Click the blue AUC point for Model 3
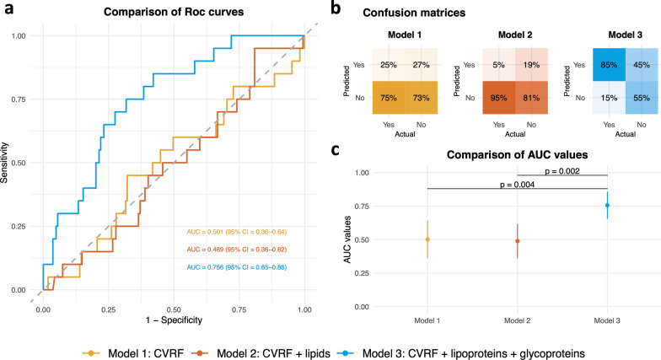[607, 206]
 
